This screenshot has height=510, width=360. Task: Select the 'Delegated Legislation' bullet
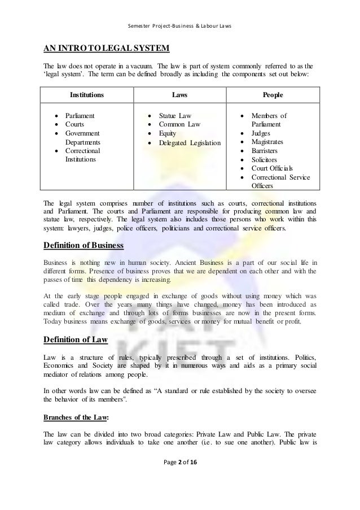pos(190,144)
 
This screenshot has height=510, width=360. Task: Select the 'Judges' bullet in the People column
pos(262,134)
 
